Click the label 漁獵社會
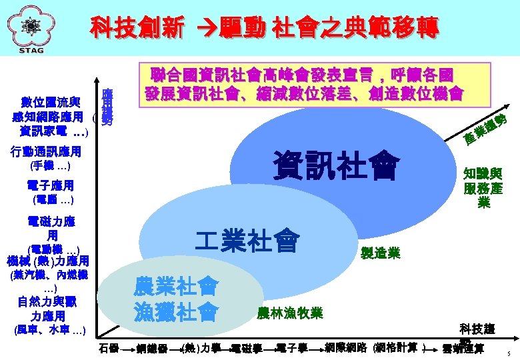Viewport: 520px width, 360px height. tap(175, 311)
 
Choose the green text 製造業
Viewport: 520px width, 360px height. tap(380, 253)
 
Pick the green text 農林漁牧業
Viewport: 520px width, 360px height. tap(289, 313)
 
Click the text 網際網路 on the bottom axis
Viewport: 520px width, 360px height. tap(346, 347)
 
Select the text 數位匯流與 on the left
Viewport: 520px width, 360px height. tap(51, 102)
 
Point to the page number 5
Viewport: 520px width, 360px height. tap(507, 353)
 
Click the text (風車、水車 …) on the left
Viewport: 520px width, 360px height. tap(51, 330)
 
